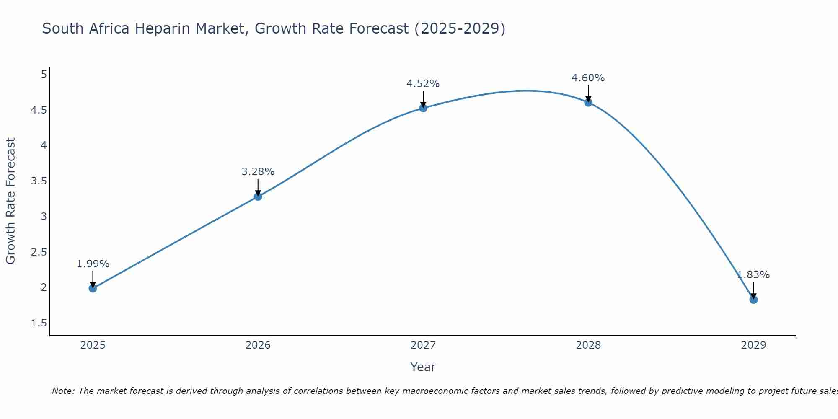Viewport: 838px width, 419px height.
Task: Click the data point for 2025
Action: (x=93, y=288)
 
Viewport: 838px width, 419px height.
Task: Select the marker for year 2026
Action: (x=258, y=197)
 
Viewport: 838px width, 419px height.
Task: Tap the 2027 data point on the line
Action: (x=423, y=108)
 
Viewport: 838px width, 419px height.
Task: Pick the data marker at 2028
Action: (x=588, y=102)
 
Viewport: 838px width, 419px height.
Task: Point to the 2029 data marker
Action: (x=753, y=300)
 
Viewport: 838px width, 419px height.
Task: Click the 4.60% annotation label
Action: (x=588, y=78)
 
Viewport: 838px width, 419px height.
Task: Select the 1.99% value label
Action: (x=93, y=264)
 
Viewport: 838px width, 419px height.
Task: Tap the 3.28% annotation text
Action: (x=258, y=172)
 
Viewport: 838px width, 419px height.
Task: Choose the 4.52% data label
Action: (x=423, y=84)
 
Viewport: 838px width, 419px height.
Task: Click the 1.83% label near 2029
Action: (x=753, y=275)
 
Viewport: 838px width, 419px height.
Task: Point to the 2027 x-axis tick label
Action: (x=423, y=345)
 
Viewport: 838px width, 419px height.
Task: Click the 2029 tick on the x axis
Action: (x=753, y=345)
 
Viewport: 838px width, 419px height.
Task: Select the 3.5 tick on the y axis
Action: (x=39, y=181)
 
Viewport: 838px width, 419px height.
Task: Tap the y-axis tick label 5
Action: (x=44, y=75)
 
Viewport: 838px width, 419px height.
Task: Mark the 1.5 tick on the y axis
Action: (x=39, y=323)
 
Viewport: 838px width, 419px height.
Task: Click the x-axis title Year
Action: (x=423, y=367)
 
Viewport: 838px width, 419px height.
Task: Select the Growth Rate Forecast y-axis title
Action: (x=10, y=201)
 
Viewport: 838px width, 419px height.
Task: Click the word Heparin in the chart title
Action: (x=162, y=29)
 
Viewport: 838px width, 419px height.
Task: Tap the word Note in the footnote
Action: (x=63, y=391)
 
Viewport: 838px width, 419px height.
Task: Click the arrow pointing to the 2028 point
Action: (x=588, y=93)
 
